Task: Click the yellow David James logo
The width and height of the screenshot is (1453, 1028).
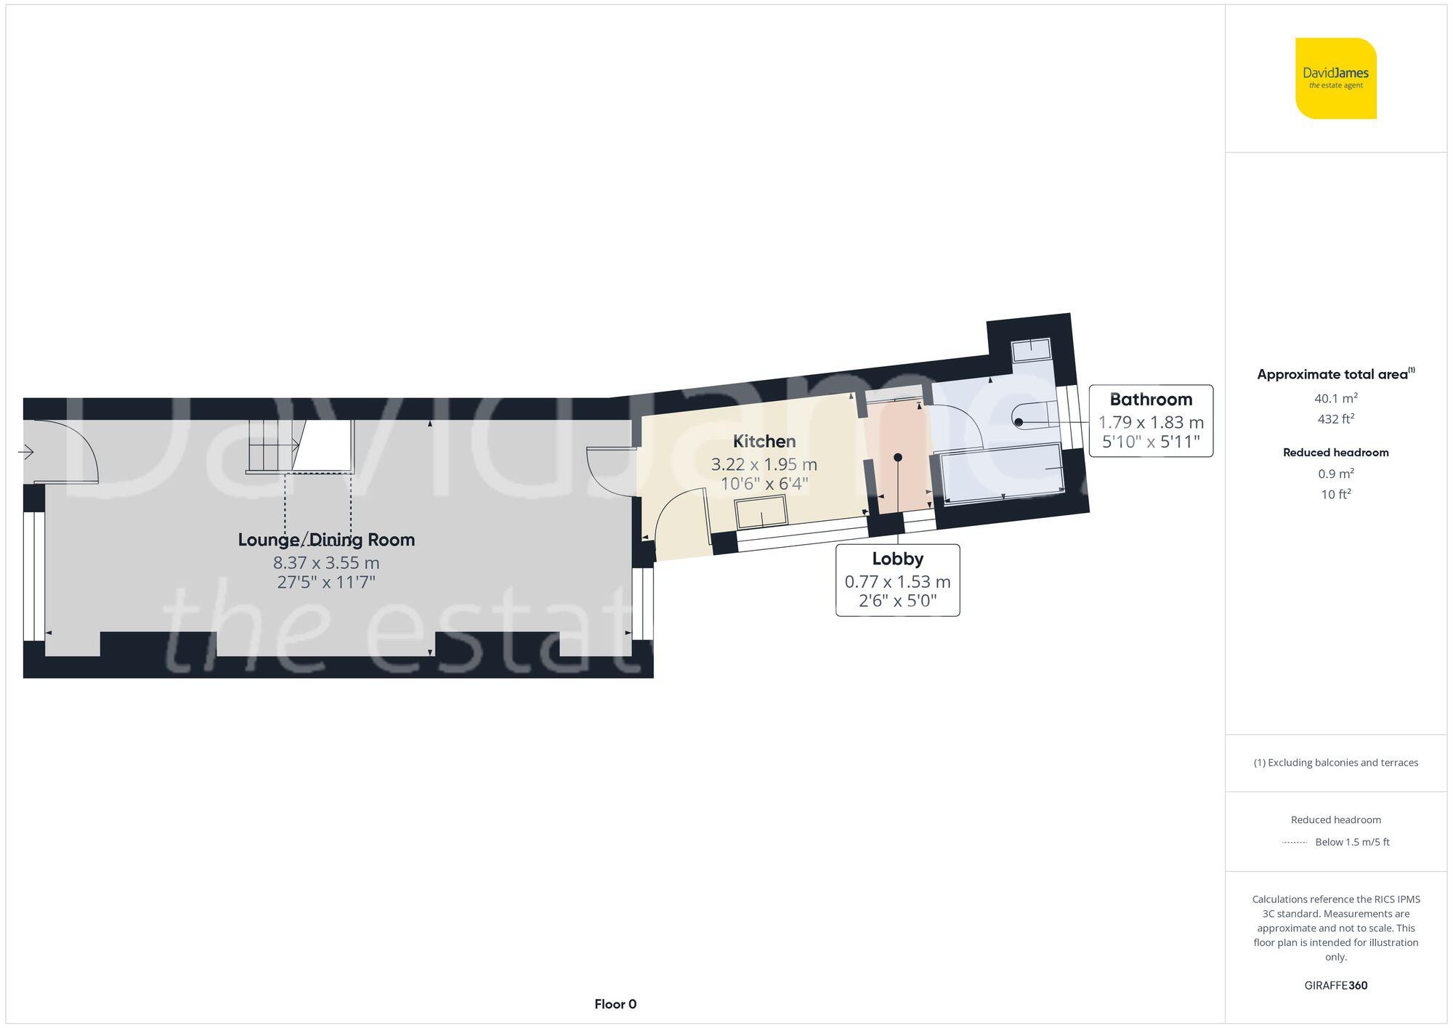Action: coord(1335,78)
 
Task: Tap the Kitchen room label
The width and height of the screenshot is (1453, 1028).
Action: coord(764,441)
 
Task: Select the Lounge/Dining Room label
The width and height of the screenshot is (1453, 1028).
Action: coord(326,540)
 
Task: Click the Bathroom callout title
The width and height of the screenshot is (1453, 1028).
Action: coord(1151,400)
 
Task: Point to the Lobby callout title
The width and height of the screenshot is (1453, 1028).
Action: coord(897,559)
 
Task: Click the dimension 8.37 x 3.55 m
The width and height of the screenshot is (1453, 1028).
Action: coord(326,562)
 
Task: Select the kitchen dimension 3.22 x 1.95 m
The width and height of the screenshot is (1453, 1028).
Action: coord(764,464)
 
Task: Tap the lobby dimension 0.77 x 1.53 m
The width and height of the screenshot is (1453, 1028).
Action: coord(897,581)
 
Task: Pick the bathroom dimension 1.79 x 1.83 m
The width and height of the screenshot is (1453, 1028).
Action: coord(1151,422)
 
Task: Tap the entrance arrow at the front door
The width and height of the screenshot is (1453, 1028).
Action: coord(26,453)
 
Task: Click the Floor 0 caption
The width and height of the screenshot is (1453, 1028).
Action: coord(615,1004)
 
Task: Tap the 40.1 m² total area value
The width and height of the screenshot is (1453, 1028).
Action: coord(1335,398)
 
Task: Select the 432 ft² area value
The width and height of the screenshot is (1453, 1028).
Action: coord(1335,419)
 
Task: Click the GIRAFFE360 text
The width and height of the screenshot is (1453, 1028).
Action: coord(1335,985)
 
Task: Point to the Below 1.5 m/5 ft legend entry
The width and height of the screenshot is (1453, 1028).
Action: coord(1351,842)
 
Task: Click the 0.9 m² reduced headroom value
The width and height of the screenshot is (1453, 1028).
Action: coord(1335,474)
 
